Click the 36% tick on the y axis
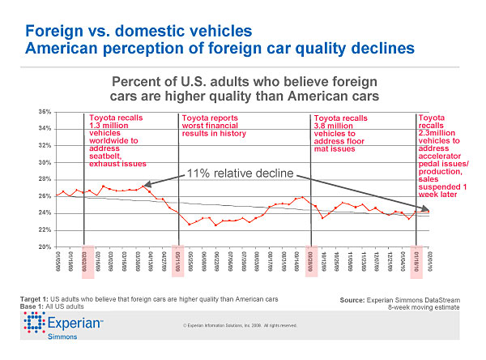[45, 111]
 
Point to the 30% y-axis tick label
[45, 162]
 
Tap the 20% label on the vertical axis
[45, 246]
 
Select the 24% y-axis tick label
[45, 212]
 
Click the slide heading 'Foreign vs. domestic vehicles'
[139, 31]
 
